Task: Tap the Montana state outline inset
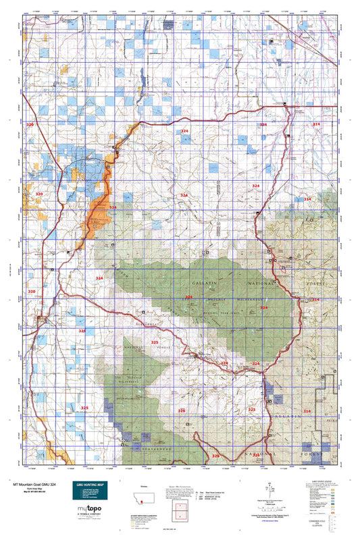[144, 495]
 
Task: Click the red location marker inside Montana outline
[141, 497]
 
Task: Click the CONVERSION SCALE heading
[317, 519]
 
